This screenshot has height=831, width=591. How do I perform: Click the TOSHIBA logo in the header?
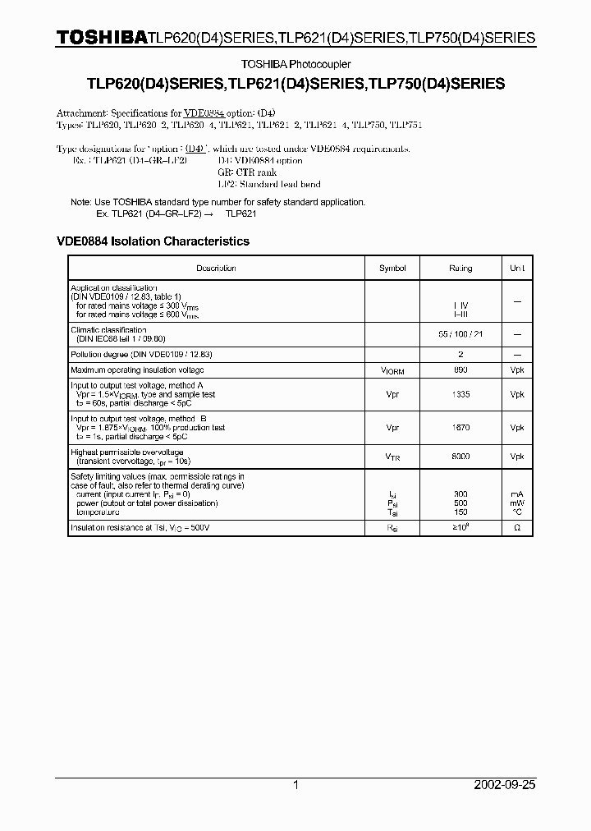pyautogui.click(x=102, y=38)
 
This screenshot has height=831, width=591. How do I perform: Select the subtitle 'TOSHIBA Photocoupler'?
pyautogui.click(x=295, y=63)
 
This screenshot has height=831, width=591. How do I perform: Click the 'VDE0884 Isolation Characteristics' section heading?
pyautogui.click(x=152, y=241)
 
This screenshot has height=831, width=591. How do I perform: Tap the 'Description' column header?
pyautogui.click(x=216, y=269)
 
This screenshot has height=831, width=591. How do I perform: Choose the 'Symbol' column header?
pyautogui.click(x=392, y=269)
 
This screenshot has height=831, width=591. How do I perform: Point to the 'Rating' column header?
pyautogui.click(x=460, y=269)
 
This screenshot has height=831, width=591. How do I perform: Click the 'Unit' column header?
pyautogui.click(x=517, y=269)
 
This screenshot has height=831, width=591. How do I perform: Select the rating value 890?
pyautogui.click(x=460, y=370)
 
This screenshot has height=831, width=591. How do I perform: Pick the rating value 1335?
pyautogui.click(x=460, y=394)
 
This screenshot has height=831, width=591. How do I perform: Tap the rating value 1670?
pyautogui.click(x=460, y=427)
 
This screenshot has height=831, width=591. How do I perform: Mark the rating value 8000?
pyautogui.click(x=460, y=456)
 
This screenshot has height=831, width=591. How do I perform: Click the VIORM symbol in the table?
pyautogui.click(x=392, y=371)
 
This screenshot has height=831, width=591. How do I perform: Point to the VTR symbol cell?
pyautogui.click(x=392, y=457)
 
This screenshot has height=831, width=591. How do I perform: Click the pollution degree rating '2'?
pyautogui.click(x=460, y=354)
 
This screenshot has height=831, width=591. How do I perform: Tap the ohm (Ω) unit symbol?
pyautogui.click(x=517, y=527)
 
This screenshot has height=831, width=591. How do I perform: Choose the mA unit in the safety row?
pyautogui.click(x=517, y=494)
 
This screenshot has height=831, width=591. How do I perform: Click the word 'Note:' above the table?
pyautogui.click(x=80, y=202)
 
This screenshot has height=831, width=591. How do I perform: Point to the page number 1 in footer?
pyautogui.click(x=295, y=785)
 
